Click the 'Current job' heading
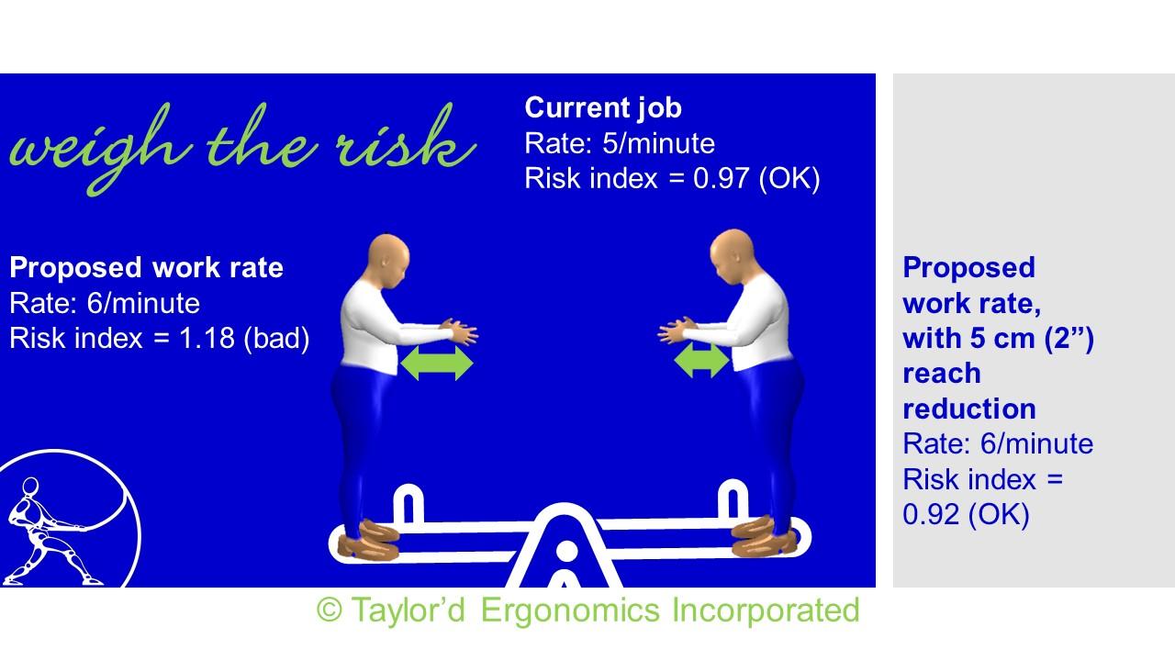coord(603,108)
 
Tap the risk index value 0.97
coord(721,178)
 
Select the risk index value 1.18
coord(207,338)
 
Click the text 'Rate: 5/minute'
coord(620,143)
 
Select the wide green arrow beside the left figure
coord(436,363)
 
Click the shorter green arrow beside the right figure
coord(701,361)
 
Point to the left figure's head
coord(388,260)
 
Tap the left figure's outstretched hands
coord(460,330)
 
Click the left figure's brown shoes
coord(369,541)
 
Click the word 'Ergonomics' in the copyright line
coord(570,611)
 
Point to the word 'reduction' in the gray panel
coord(969,409)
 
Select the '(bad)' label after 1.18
coord(277,339)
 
